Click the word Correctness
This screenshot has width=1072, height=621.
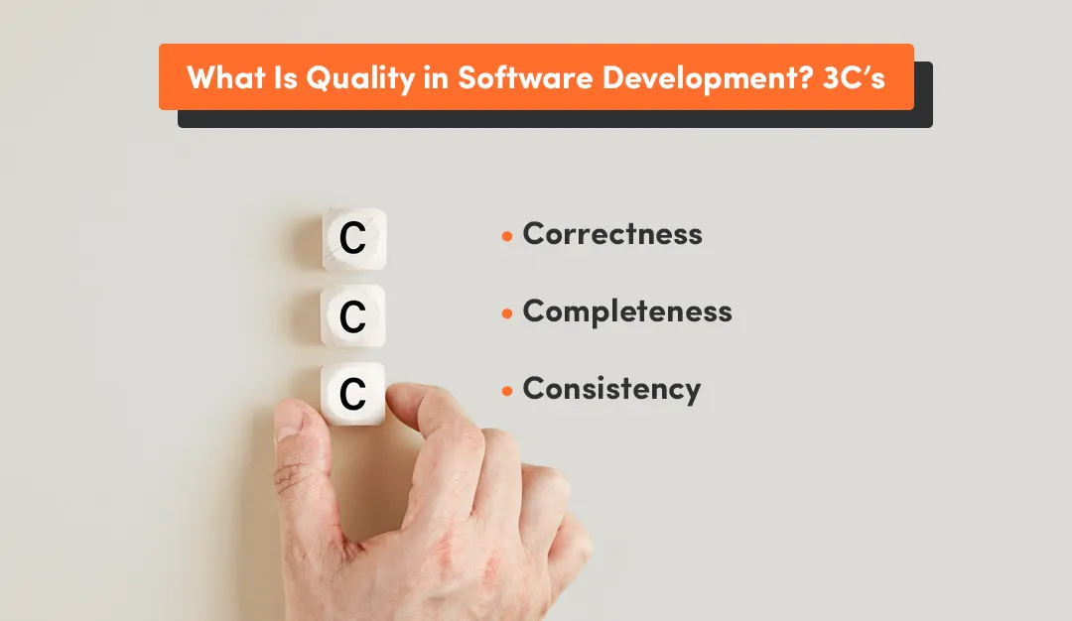(x=612, y=234)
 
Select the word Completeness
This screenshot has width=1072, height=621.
(x=627, y=311)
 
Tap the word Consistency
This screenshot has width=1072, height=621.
(x=611, y=389)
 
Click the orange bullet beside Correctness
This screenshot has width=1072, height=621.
(x=507, y=236)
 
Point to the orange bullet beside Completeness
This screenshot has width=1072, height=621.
(x=507, y=313)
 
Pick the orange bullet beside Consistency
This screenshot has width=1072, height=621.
(x=507, y=391)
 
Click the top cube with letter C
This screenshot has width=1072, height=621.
(x=353, y=239)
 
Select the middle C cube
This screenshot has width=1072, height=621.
(x=352, y=316)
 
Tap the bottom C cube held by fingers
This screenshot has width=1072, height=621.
(x=352, y=394)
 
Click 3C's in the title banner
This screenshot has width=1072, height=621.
(x=854, y=77)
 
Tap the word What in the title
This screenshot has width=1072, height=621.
(x=225, y=77)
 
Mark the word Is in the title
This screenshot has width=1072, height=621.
(x=285, y=77)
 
